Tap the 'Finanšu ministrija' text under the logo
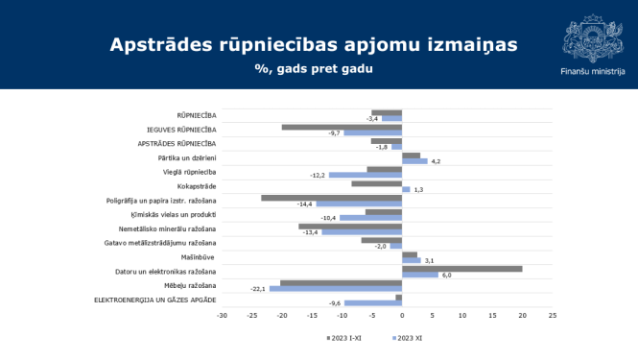592,71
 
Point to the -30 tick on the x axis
222,314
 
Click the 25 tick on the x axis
553,314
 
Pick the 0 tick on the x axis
402,314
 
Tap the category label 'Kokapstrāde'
197,185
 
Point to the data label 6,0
446,275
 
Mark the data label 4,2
436,160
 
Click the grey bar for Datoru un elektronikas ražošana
461,269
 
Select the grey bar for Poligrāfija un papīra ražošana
331,198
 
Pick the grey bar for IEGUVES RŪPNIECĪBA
342,127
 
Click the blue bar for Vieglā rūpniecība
365,175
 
